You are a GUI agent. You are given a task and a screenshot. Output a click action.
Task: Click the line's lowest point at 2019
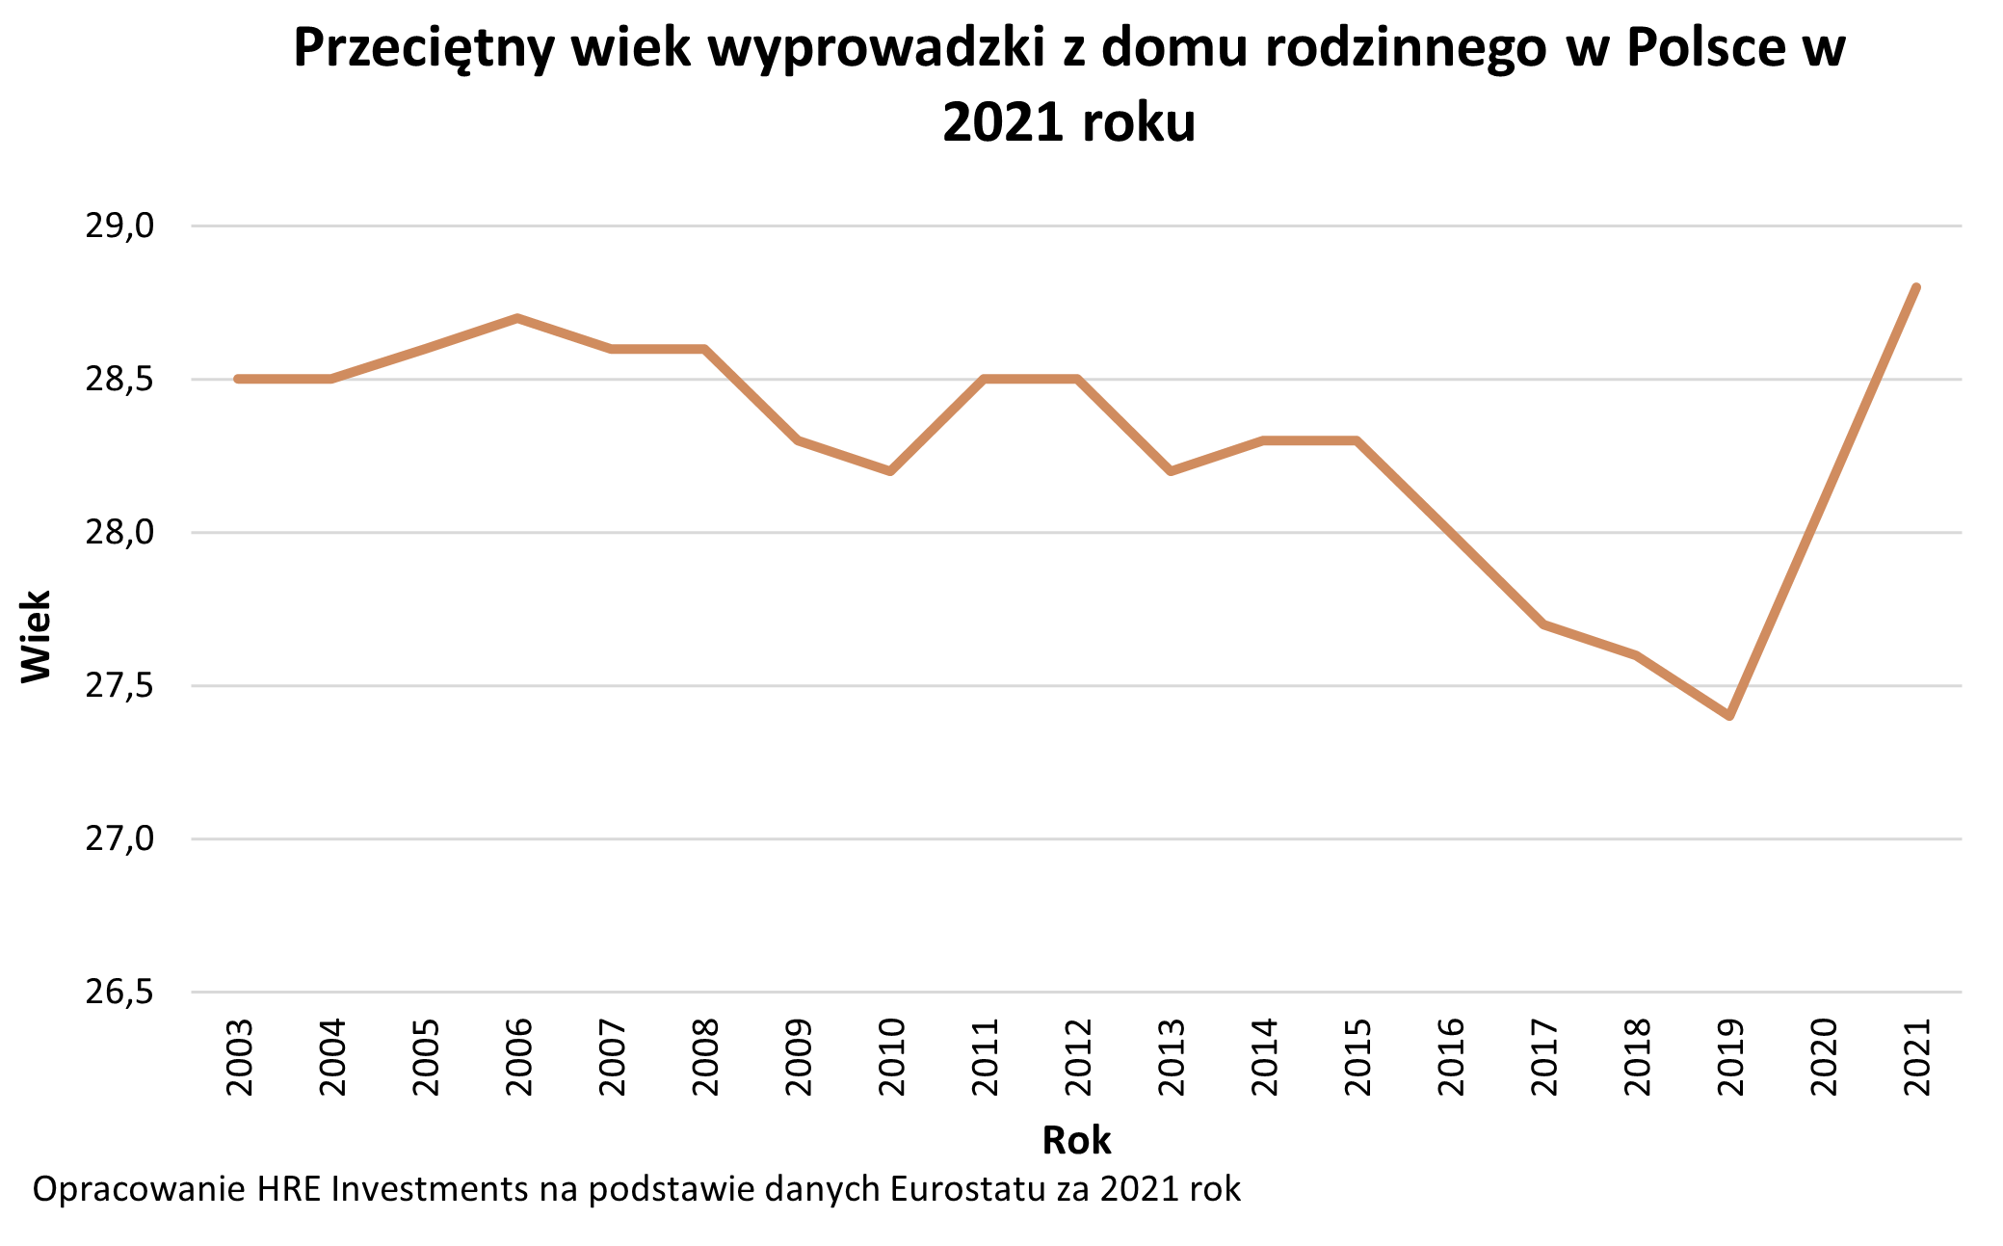(1730, 716)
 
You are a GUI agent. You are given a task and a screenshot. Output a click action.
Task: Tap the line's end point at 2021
(1916, 287)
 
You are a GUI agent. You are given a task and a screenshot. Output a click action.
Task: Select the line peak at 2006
(518, 317)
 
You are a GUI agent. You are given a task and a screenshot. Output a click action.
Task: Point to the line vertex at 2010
(891, 471)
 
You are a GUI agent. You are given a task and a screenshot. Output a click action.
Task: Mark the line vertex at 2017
(1543, 624)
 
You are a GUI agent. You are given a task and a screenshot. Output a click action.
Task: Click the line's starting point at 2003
(238, 379)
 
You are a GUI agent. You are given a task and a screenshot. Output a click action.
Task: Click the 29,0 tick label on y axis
(119, 226)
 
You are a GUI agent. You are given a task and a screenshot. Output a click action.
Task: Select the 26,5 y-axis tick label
(119, 992)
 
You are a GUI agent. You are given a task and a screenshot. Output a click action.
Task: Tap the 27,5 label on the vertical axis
(119, 685)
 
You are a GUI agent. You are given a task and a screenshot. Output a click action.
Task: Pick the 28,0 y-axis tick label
(119, 532)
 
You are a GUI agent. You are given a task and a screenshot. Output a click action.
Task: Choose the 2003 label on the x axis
(239, 1057)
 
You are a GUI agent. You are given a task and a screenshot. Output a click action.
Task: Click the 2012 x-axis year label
(1078, 1057)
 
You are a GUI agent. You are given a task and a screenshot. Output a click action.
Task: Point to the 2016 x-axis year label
(1451, 1057)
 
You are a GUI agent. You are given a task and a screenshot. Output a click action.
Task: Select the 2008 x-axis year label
(705, 1057)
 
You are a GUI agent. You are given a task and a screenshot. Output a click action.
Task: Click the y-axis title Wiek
(37, 637)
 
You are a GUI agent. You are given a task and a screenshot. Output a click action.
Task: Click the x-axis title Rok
(1076, 1140)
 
